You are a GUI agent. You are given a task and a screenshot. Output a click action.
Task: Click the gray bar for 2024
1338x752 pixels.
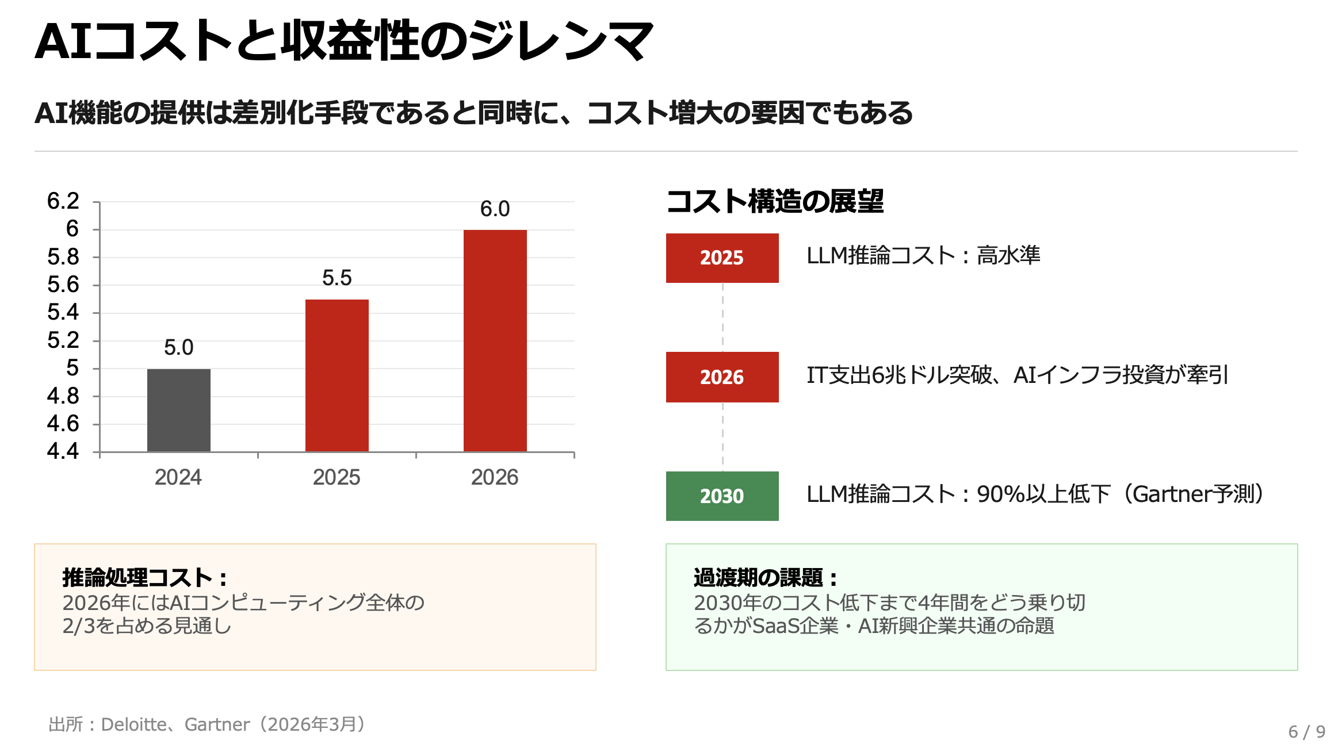178,410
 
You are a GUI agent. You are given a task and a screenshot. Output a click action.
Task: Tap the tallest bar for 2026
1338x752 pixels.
495,340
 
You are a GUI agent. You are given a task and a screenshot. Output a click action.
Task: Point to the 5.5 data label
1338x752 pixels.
337,278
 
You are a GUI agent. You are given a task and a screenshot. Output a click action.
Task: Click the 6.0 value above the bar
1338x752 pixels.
495,209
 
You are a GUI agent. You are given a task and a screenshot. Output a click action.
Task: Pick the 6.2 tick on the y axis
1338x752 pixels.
63,201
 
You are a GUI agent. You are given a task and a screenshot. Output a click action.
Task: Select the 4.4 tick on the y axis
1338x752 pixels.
63,451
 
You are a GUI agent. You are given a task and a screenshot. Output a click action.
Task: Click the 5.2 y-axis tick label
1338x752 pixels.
63,340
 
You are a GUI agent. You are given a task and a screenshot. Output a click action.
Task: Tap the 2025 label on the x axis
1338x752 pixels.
337,477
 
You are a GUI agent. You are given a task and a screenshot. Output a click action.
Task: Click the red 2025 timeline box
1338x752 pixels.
722,258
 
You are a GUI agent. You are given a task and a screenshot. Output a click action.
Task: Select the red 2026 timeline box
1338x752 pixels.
722,377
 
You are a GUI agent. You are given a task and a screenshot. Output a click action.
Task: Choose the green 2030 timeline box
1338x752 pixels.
722,496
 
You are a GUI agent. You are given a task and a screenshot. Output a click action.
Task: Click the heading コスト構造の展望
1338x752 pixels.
774,202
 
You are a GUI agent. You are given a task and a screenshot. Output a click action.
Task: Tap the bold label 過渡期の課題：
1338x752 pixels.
766,578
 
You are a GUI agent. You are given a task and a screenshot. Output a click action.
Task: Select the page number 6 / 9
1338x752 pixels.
1306,731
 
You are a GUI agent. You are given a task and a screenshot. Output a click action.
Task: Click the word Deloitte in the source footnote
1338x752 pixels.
133,724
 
